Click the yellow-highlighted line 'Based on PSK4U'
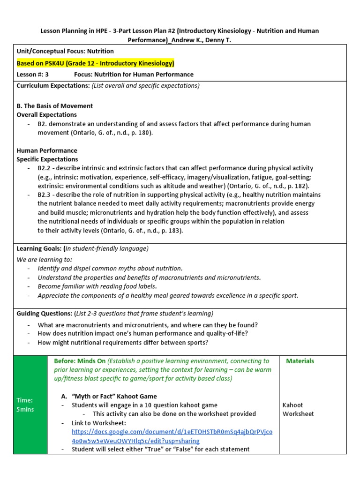point(95,63)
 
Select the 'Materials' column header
point(300,361)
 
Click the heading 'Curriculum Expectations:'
point(53,85)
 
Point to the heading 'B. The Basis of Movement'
point(55,106)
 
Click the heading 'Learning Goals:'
point(40,248)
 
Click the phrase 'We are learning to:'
point(45,259)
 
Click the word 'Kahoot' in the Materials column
point(292,405)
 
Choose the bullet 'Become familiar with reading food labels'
point(97,286)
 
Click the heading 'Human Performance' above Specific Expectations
point(47,150)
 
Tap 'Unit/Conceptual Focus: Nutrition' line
point(65,51)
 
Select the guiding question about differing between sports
point(123,342)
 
